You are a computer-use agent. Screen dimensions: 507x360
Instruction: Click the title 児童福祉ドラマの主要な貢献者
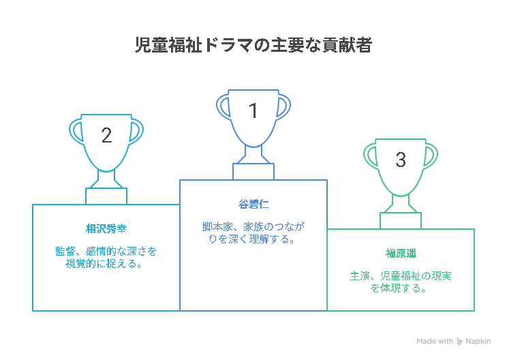point(253,45)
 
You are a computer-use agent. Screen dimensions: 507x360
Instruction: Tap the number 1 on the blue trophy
point(253,110)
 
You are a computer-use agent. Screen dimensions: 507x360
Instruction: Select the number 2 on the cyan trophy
point(106,135)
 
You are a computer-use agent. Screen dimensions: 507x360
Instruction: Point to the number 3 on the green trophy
point(401,160)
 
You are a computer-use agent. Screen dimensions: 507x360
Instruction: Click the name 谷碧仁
point(253,205)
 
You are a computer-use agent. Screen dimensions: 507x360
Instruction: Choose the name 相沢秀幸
point(106,229)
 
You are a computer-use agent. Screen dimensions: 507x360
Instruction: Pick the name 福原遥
point(401,254)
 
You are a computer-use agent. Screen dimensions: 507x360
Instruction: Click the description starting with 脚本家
point(253,233)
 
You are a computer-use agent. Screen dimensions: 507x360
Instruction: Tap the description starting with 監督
point(106,258)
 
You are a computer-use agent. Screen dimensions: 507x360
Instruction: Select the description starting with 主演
point(401,282)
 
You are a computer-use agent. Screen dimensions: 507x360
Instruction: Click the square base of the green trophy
point(401,221)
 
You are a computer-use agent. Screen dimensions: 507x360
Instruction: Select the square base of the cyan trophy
point(106,196)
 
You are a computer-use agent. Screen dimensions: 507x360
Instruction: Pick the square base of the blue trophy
point(253,171)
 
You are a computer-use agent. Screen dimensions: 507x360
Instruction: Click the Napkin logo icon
point(459,341)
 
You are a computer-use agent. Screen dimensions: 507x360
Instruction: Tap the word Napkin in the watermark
point(478,341)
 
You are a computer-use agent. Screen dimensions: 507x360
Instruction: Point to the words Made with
point(435,341)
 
